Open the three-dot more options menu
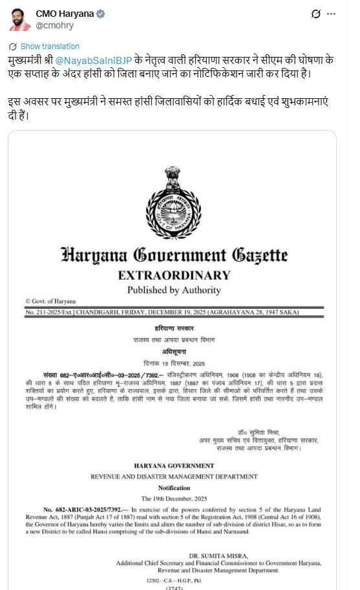[x=332, y=14]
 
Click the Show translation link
[x=50, y=47]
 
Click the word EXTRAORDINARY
[x=174, y=275]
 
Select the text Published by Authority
[x=174, y=290]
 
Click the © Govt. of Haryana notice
[x=50, y=301]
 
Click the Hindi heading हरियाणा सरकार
[x=174, y=329]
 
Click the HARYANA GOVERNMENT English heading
[x=174, y=465]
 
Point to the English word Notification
[x=174, y=488]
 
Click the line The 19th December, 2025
[x=174, y=499]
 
